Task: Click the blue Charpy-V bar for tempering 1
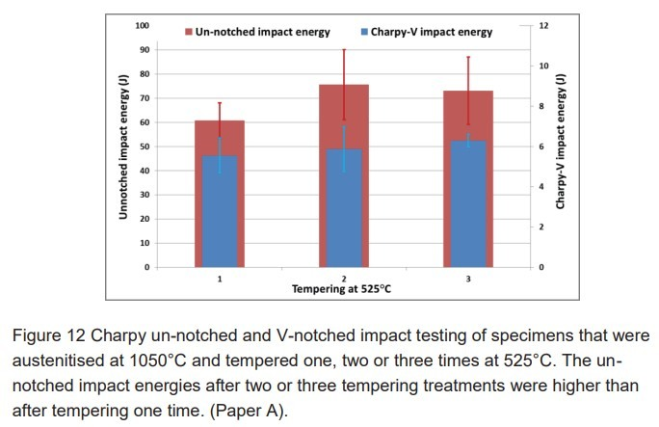220,212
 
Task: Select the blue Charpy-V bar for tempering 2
344,208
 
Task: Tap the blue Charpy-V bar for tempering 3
468,204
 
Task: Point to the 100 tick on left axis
142,25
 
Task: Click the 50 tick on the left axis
144,147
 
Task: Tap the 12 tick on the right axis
543,25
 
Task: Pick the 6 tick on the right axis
541,147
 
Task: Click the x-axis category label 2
344,278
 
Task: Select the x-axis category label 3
468,278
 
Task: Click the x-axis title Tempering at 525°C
344,288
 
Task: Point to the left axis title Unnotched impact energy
123,147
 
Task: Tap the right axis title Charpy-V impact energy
560,143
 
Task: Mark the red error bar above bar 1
220,111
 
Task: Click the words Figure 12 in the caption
54,335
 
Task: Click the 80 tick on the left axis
144,74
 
